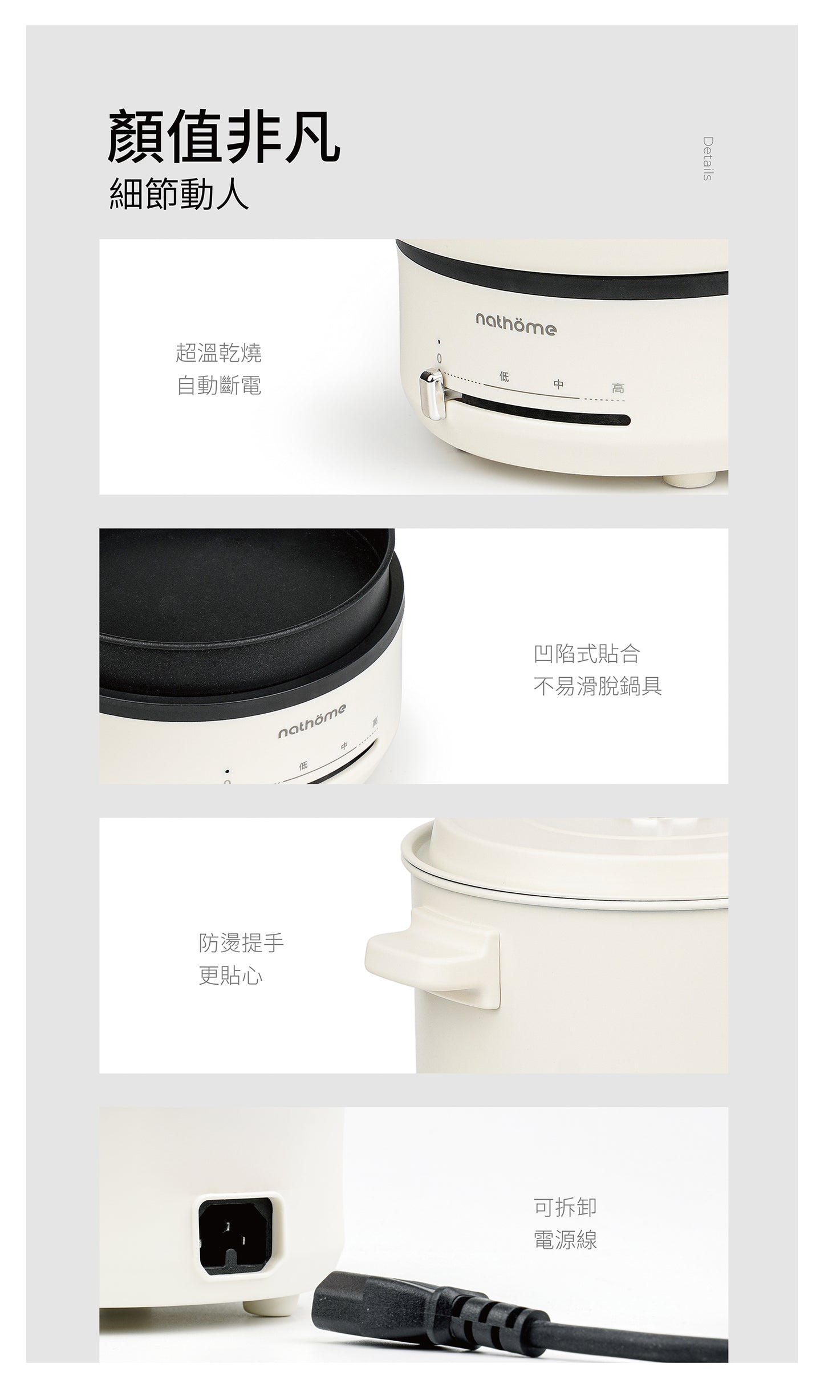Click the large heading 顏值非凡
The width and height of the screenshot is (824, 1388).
tap(225, 137)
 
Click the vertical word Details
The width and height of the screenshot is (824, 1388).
tap(707, 159)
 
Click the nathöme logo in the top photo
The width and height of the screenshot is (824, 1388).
tap(515, 327)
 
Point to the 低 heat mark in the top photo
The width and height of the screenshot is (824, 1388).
tap(504, 376)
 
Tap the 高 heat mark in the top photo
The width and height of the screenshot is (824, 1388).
tap(618, 389)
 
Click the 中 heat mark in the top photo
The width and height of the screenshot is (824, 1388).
tap(558, 385)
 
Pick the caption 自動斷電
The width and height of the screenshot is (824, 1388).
tap(219, 386)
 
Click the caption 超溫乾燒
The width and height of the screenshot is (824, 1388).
tap(219, 353)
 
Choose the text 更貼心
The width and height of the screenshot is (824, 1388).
tap(231, 976)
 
